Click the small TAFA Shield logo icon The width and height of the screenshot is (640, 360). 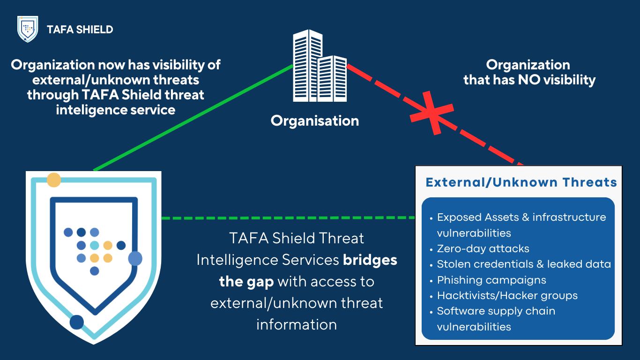[x=27, y=29]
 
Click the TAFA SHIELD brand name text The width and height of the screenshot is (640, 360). [x=80, y=30]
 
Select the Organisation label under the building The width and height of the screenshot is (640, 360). [x=315, y=121]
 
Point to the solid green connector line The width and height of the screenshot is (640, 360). [x=192, y=118]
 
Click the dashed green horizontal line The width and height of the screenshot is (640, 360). [x=288, y=218]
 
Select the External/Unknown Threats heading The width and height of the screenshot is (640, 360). [x=521, y=182]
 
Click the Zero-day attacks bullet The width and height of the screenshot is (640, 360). [x=483, y=248]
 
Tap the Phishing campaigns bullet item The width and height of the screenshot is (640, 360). [x=491, y=280]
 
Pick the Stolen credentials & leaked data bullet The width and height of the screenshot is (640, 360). [x=524, y=264]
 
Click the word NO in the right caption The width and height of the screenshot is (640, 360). [x=528, y=80]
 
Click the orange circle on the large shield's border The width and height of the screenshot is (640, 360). [x=54, y=180]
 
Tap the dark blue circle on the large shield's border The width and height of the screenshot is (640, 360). [x=76, y=322]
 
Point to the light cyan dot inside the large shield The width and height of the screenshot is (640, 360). [x=94, y=245]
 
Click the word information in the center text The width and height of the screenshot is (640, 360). [x=296, y=324]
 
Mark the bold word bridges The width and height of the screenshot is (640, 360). [x=370, y=260]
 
